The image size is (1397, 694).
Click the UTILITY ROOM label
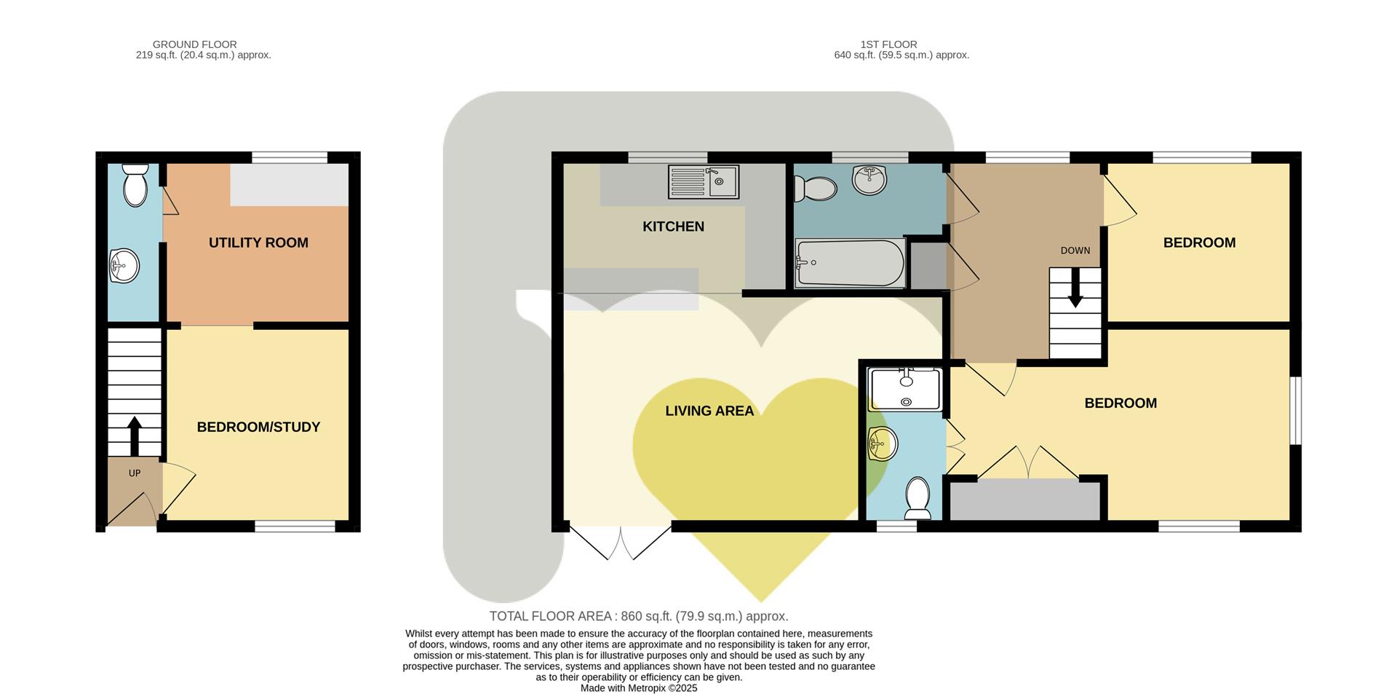tap(258, 242)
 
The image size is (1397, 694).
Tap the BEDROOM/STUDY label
tap(258, 427)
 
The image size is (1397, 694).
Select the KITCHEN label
tap(673, 226)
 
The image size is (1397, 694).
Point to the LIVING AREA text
tap(709, 411)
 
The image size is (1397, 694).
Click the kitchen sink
tap(703, 181)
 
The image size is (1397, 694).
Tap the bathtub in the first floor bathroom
tap(849, 263)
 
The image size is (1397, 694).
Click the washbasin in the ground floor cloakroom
tap(124, 265)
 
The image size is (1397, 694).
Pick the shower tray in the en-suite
tap(906, 389)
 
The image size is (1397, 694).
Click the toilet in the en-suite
tap(918, 498)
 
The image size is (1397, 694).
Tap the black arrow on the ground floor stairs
tap(135, 435)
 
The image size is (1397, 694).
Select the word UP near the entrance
tap(135, 473)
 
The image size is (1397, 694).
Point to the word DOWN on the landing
tap(1075, 251)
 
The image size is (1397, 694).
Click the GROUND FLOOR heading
tap(194, 44)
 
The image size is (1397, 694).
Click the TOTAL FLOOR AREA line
tap(638, 616)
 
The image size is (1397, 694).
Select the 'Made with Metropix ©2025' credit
tap(638, 688)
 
